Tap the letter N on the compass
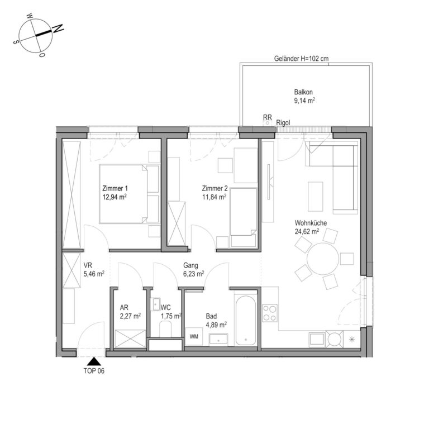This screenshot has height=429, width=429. tap(58, 28)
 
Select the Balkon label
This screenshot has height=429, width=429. tap(303, 92)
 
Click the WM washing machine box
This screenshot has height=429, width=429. tap(194, 336)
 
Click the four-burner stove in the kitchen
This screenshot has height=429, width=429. tap(269, 313)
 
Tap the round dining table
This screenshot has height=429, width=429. tap(323, 259)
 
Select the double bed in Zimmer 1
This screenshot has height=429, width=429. tap(129, 194)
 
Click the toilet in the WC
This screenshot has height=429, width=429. tap(165, 328)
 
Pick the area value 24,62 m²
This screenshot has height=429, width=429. tap(307, 231)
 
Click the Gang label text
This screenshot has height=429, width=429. tap(190, 265)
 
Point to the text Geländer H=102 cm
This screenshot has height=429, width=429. tap(301, 58)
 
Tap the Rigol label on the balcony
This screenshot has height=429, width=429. tap(283, 123)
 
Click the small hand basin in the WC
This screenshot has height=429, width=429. tap(156, 304)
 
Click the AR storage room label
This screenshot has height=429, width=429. tap(124, 308)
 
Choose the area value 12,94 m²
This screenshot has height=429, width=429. tap(115, 197)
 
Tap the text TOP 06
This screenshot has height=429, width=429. tap(94, 371)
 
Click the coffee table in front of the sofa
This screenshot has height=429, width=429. tap(315, 197)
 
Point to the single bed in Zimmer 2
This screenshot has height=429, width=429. tap(244, 217)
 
